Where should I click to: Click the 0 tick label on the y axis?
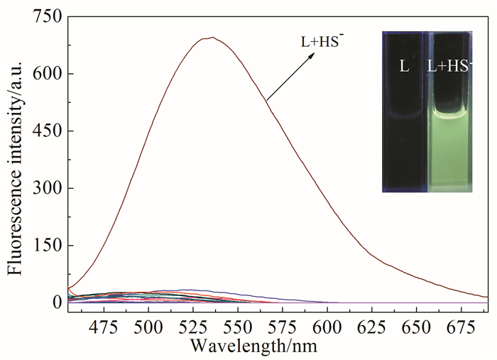55,302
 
